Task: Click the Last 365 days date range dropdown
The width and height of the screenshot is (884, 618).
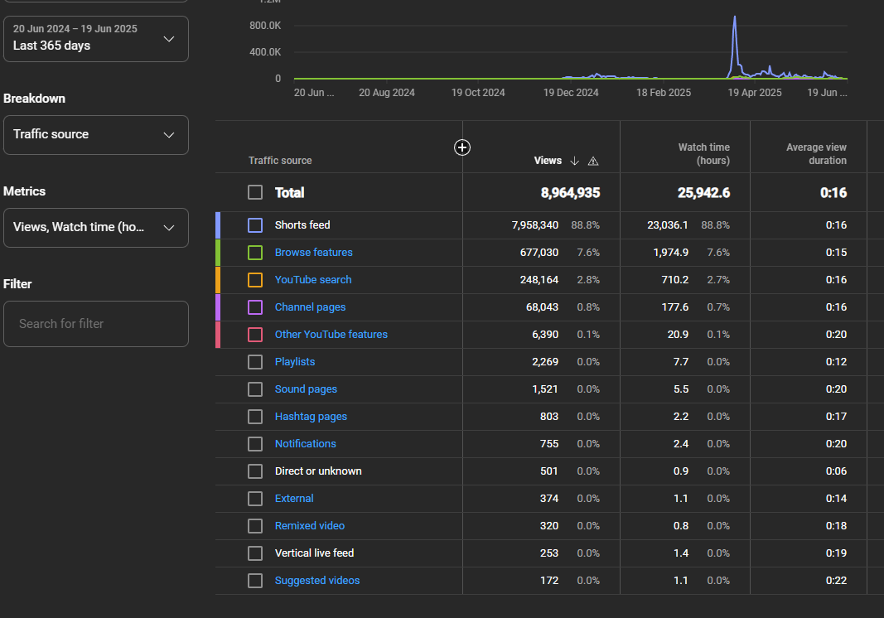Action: [x=95, y=39]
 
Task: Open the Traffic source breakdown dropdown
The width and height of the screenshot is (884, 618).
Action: [x=95, y=134]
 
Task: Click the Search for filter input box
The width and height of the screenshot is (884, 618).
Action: [x=95, y=324]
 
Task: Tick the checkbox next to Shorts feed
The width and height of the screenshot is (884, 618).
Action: [x=255, y=225]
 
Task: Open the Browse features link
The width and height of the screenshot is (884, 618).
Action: [x=313, y=253]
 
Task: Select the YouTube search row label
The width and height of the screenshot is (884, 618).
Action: [x=312, y=280]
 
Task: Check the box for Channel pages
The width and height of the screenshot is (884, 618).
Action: [x=255, y=307]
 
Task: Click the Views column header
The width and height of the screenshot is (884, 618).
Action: [x=548, y=161]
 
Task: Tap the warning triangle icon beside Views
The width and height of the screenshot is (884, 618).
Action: [x=593, y=161]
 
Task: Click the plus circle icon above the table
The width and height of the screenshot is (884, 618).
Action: [x=462, y=147]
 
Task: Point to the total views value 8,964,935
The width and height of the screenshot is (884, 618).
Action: [x=570, y=193]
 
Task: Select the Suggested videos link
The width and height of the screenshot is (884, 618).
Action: [x=317, y=581]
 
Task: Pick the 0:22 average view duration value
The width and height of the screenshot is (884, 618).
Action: [x=835, y=581]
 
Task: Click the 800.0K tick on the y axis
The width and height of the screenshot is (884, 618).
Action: [x=265, y=26]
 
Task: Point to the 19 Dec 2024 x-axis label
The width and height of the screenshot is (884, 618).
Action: [x=571, y=93]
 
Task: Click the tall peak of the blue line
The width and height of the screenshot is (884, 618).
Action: [x=735, y=17]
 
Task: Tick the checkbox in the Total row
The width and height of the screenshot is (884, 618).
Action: [x=255, y=193]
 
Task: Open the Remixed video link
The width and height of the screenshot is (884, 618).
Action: [x=309, y=526]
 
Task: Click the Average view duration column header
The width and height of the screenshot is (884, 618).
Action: [x=816, y=154]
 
